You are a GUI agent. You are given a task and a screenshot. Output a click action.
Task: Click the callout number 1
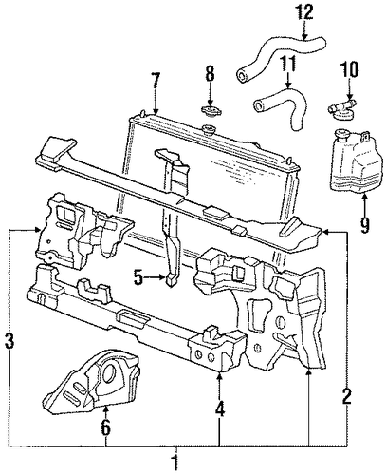click(x=175, y=462)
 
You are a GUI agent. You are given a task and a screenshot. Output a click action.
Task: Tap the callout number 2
click(x=347, y=395)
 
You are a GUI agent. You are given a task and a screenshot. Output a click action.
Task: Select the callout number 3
click(x=10, y=342)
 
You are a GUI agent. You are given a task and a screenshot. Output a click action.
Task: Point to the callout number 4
click(x=220, y=408)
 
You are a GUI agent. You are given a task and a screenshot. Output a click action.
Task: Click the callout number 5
click(x=138, y=278)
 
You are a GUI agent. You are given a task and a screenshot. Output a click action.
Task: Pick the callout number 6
click(x=106, y=427)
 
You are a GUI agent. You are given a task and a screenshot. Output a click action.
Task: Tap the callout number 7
click(x=156, y=82)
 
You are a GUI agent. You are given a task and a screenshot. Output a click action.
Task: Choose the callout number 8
click(x=210, y=74)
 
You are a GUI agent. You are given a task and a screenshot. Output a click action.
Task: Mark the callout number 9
click(x=365, y=224)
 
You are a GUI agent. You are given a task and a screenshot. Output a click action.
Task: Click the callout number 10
click(x=349, y=69)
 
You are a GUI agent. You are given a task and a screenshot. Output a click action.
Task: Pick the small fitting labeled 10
click(x=340, y=107)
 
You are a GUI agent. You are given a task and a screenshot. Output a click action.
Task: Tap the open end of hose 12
click(x=242, y=75)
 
